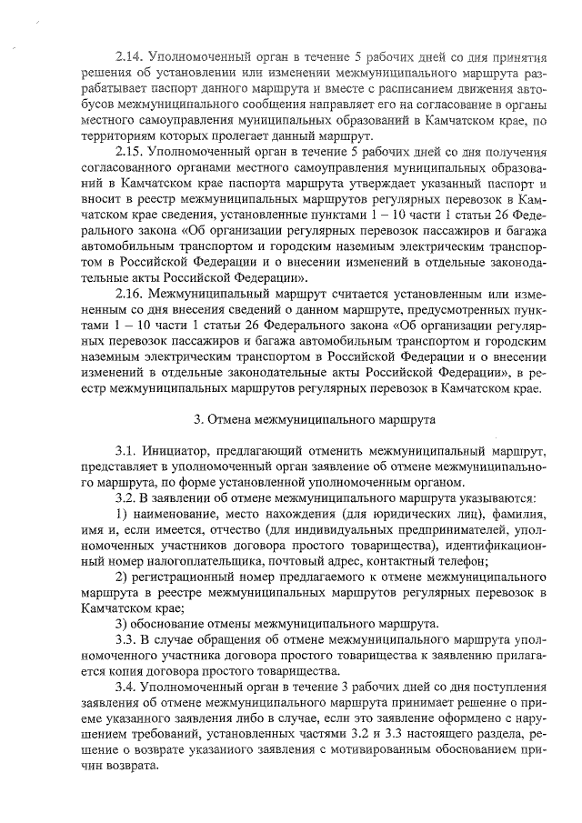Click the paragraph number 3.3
127,640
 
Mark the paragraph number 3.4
127,688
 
